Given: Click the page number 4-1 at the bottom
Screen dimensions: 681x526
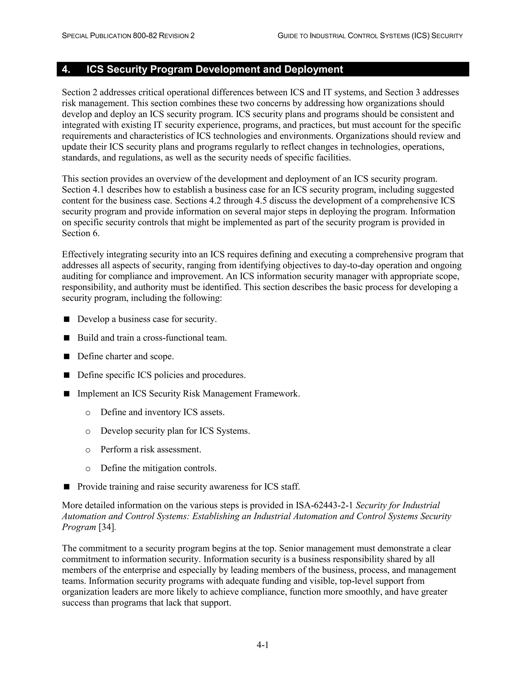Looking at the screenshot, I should coord(262,645).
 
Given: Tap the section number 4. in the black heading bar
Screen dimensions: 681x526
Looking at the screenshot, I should coord(66,69).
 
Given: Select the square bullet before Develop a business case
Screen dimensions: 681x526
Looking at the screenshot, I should coord(66,319).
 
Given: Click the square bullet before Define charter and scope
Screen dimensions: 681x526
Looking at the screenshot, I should coord(66,356).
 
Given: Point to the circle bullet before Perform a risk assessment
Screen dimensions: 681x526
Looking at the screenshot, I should coord(88,450).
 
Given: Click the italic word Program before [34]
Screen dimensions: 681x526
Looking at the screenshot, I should coord(79,527).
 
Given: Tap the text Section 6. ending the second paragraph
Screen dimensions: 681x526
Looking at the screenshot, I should coord(81,233).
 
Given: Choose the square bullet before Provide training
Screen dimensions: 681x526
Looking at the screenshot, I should coord(66,487).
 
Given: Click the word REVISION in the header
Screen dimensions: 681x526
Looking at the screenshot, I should coord(174,36).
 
